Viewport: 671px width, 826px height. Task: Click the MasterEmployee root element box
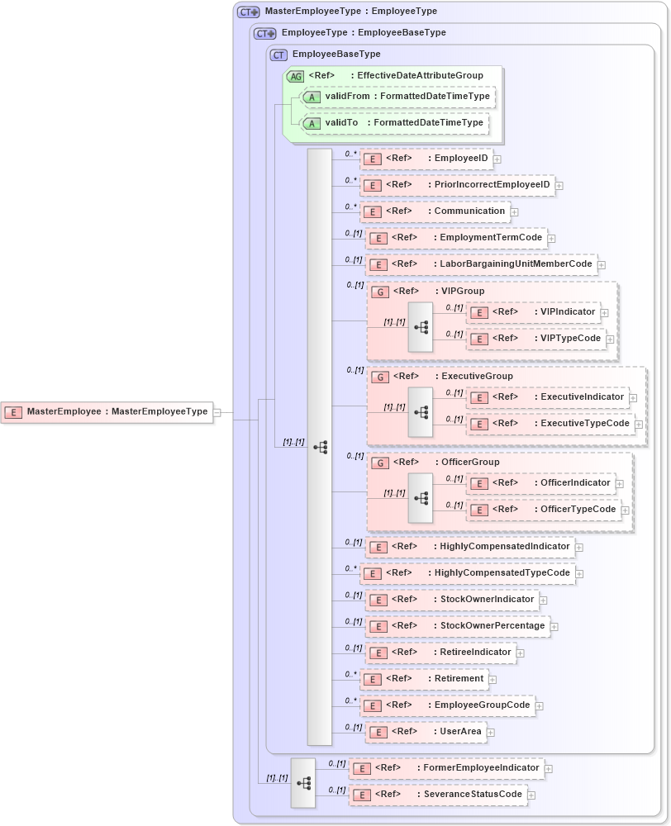point(107,411)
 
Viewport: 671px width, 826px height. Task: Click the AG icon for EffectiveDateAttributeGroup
point(295,76)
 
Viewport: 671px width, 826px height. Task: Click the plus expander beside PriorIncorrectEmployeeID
point(559,186)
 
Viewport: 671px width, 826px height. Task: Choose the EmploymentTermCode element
point(456,238)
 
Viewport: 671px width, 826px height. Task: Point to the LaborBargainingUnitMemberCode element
point(481,264)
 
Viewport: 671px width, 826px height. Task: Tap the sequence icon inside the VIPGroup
point(421,327)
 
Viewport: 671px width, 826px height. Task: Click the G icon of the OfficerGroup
point(380,463)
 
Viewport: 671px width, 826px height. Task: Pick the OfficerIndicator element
point(542,483)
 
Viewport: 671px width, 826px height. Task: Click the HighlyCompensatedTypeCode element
point(468,573)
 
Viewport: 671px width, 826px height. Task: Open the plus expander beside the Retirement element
point(493,680)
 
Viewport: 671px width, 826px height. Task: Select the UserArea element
point(426,732)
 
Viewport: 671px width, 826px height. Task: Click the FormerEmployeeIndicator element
point(446,768)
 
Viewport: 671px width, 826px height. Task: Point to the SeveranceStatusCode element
point(438,795)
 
